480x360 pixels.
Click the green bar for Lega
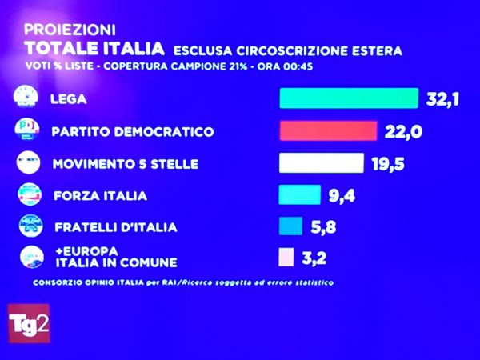[348, 98]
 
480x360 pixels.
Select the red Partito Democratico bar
[327, 130]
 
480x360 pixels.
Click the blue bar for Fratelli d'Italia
[290, 226]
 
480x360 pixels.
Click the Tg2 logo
[29, 323]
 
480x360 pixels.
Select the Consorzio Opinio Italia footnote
[182, 282]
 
